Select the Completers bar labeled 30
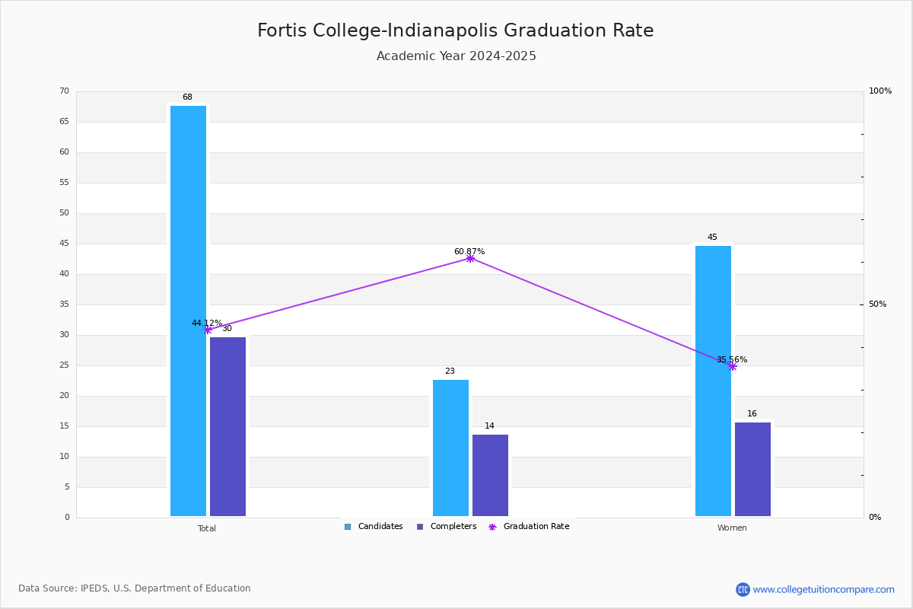tap(227, 426)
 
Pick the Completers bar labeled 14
tap(490, 475)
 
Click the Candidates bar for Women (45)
tap(713, 381)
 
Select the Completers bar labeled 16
tap(752, 469)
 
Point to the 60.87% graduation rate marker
tap(470, 259)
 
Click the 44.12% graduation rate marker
tap(208, 330)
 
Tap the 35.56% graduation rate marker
tap(733, 367)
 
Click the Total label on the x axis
tap(207, 528)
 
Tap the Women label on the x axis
tap(732, 528)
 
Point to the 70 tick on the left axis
tap(64, 91)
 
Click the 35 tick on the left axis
tap(64, 304)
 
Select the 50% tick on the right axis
tap(877, 304)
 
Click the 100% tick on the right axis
tap(880, 91)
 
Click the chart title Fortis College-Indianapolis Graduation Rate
tap(455, 30)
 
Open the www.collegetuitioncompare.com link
tap(823, 589)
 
